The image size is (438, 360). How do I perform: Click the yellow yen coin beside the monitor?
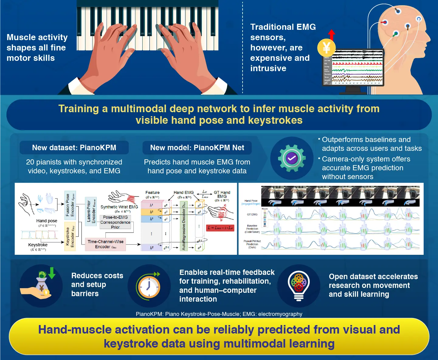pos(326,48)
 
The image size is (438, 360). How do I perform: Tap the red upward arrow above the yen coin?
pos(332,34)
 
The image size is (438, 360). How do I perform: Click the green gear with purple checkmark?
pos(291,158)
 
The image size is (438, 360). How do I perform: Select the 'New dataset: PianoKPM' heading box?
pos(74,148)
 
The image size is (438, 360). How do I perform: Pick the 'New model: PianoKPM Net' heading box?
pos(197,148)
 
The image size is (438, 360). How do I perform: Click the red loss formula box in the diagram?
pos(220,228)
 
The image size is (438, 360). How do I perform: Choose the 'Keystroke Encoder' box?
pos(70,237)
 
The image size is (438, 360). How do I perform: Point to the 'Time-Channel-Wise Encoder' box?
pos(105,244)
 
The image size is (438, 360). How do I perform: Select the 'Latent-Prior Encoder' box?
pos(91,211)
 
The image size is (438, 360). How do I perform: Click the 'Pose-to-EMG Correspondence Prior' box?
pos(116,222)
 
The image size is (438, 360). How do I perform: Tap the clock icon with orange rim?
pos(149,286)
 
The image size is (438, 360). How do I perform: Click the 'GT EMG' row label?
pos(252,215)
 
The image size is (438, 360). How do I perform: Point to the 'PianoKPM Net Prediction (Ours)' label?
pos(252,244)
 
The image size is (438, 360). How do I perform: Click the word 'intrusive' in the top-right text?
pos(268,68)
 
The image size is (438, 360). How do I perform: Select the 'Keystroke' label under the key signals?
pos(38,245)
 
